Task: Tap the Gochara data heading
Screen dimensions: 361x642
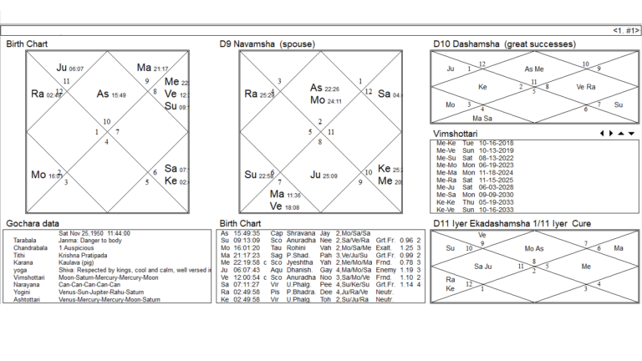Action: [33, 224]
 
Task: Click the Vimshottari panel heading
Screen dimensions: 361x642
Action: [455, 133]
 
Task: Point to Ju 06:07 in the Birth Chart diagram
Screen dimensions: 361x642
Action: [70, 68]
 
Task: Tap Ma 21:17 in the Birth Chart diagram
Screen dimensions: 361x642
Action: [152, 68]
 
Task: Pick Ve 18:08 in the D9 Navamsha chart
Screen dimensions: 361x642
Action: [285, 206]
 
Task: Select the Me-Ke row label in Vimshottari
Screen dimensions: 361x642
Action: [443, 143]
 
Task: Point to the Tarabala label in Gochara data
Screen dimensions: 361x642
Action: [25, 240]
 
